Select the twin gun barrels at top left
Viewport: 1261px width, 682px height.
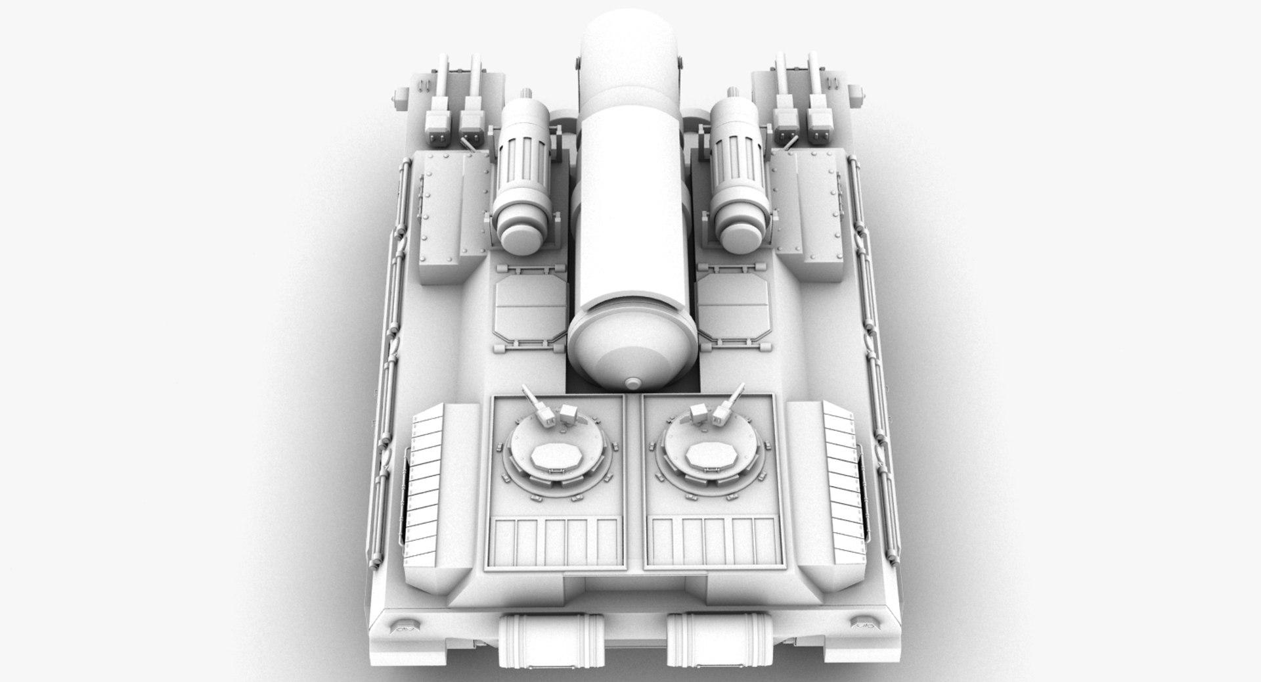coord(456,99)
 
